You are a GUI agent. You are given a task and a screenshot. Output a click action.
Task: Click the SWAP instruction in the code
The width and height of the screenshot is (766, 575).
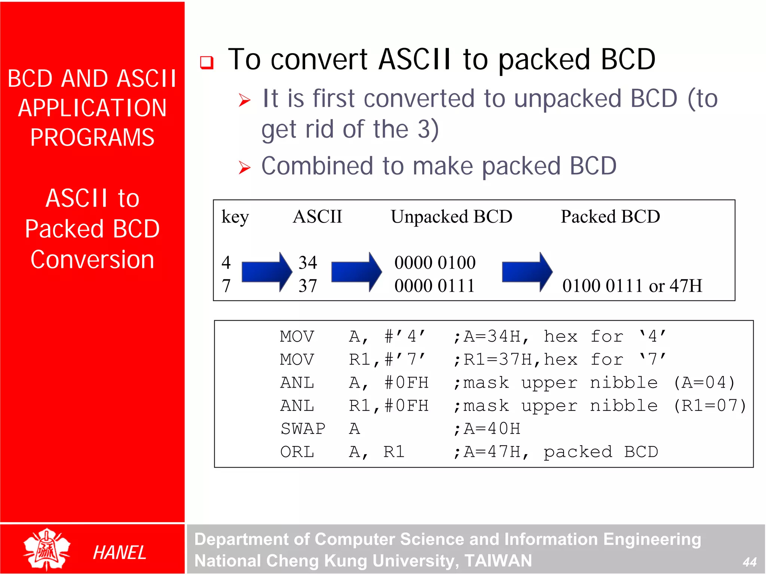click(303, 429)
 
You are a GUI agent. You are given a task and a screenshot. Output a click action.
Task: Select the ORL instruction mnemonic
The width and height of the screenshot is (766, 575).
click(297, 452)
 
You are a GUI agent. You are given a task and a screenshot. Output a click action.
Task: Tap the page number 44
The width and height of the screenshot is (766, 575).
click(750, 562)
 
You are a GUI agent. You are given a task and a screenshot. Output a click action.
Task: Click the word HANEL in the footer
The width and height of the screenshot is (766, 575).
click(119, 553)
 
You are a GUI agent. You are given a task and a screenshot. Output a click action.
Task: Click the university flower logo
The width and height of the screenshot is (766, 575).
click(47, 549)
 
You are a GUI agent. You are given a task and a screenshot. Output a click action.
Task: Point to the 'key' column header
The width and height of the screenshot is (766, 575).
click(235, 217)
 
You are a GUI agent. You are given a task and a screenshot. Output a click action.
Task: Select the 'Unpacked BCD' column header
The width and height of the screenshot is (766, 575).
click(451, 217)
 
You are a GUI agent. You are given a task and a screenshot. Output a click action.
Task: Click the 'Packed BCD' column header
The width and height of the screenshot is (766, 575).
click(610, 217)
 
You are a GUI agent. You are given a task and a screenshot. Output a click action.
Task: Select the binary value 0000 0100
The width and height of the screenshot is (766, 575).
click(435, 263)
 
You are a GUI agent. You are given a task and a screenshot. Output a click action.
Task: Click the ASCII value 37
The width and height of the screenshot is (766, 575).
click(307, 286)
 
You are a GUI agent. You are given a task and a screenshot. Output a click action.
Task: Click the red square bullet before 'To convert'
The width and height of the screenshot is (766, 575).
click(206, 62)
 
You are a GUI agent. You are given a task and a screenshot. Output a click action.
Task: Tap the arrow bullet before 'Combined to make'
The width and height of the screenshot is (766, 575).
click(245, 168)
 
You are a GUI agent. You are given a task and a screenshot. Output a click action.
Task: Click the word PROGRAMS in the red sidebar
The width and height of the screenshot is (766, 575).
click(92, 137)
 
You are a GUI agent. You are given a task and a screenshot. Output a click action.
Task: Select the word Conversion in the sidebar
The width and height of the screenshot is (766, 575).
click(92, 260)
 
